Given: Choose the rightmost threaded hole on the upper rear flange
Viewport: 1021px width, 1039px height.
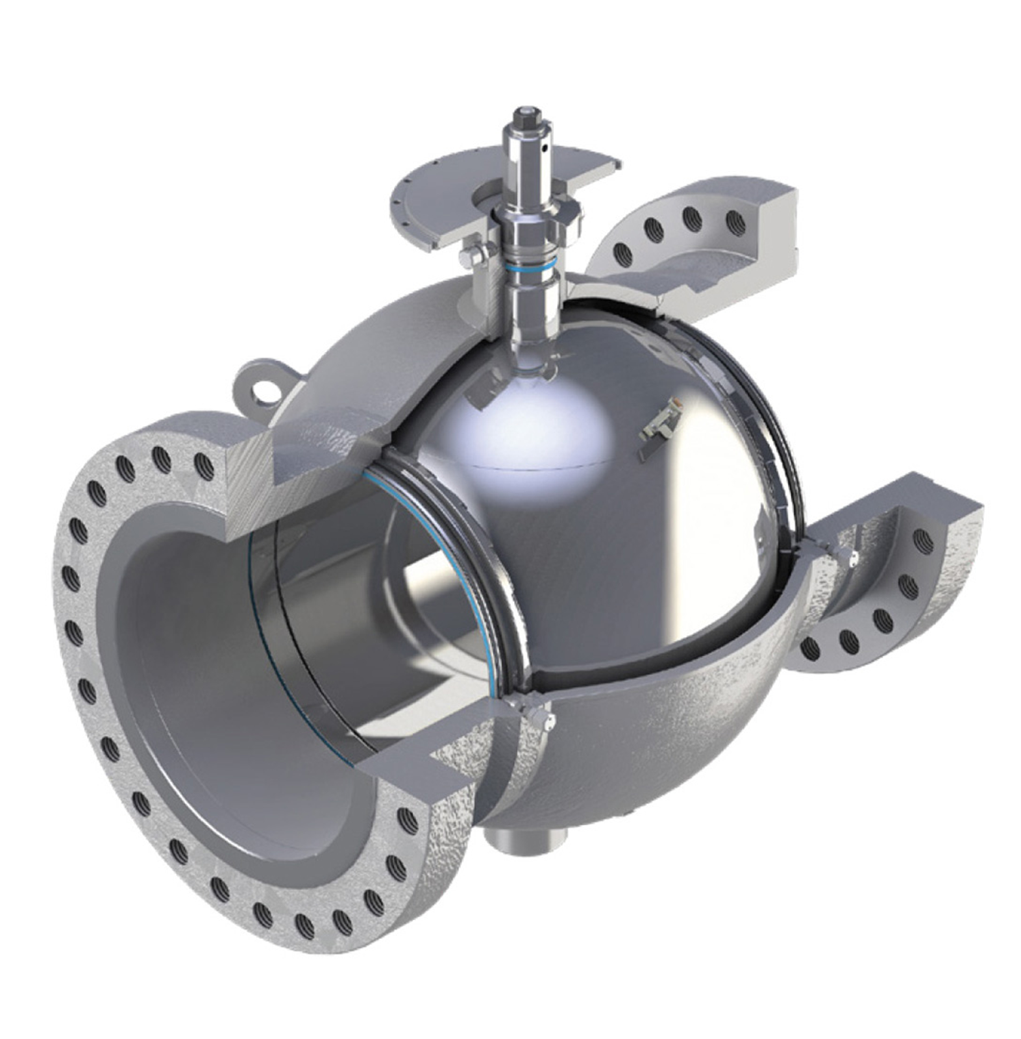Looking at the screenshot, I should point(735,219).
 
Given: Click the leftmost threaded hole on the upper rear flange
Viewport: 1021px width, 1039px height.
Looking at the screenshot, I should point(622,252).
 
